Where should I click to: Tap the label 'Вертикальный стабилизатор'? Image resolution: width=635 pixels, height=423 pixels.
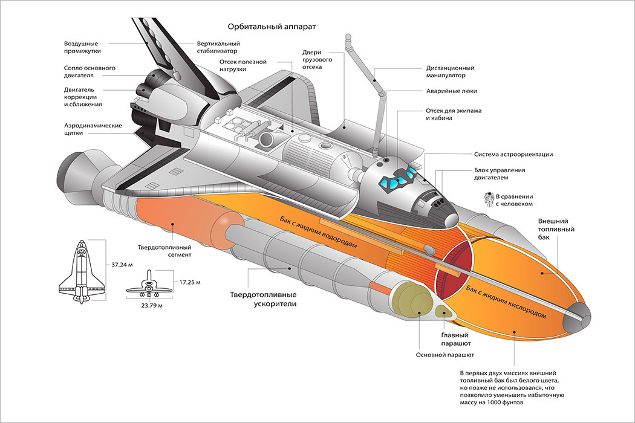[218, 47]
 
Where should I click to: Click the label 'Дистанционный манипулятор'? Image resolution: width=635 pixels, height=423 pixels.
[450, 72]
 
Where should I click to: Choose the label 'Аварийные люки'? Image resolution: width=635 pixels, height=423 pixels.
[452, 91]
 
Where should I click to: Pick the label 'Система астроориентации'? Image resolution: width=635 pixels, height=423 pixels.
[513, 155]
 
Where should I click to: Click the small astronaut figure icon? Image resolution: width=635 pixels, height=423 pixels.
[487, 199]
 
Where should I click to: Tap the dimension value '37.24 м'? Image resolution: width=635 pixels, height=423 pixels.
[123, 264]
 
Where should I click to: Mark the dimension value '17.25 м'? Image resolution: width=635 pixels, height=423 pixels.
[190, 282]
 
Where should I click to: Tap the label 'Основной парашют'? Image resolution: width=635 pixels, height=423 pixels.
[445, 355]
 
